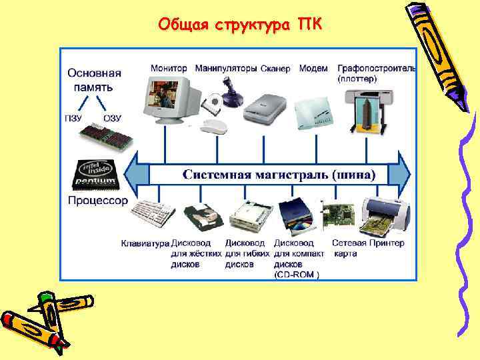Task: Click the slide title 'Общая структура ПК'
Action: pyautogui.click(x=240, y=25)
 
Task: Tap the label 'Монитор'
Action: pyautogui.click(x=169, y=68)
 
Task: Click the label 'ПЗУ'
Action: pyautogui.click(x=73, y=119)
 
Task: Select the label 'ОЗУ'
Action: pyautogui.click(x=112, y=119)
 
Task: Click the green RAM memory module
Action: pyautogui.click(x=107, y=137)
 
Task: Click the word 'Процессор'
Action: pyautogui.click(x=97, y=200)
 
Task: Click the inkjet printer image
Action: pyautogui.click(x=383, y=215)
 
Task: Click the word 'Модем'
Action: pyautogui.click(x=313, y=68)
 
